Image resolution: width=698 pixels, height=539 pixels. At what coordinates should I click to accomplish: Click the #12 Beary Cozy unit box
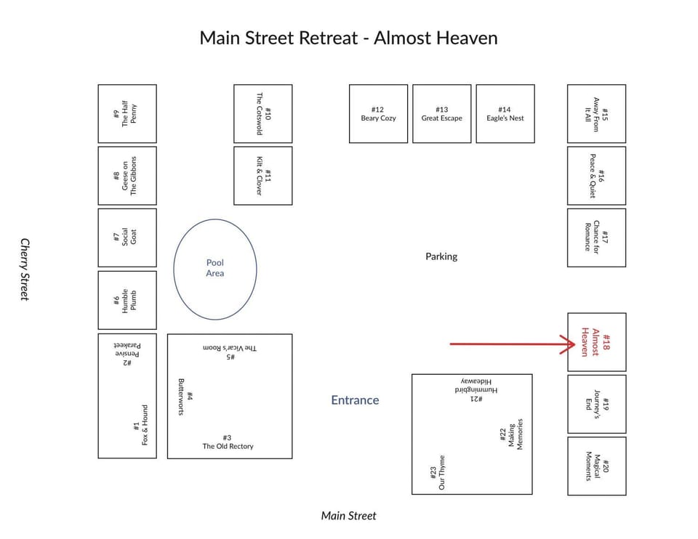(378, 114)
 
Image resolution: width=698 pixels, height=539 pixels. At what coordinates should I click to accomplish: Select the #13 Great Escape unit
(441, 114)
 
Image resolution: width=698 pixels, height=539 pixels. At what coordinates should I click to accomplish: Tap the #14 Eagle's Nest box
(505, 114)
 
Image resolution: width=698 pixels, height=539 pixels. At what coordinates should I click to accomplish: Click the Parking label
(441, 256)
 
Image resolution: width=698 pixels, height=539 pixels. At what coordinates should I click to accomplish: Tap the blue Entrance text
(355, 400)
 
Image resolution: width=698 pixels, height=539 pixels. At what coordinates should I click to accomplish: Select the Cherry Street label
(25, 269)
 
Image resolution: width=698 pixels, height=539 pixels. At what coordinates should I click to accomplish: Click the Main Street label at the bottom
(348, 516)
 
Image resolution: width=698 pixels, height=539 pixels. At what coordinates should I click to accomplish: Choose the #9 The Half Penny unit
(127, 114)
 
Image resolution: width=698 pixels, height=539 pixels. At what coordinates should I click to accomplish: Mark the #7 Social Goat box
(127, 238)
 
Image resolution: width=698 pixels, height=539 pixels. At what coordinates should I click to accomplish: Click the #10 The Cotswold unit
(263, 114)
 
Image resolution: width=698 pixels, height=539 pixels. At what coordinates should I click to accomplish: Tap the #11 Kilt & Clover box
(263, 176)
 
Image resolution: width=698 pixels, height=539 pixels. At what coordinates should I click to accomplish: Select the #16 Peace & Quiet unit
(596, 176)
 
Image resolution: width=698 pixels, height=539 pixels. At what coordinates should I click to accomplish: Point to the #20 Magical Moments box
(596, 466)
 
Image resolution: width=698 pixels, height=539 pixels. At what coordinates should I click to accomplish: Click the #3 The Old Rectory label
(228, 442)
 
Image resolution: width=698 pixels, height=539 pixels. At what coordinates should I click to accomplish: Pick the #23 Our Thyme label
(437, 472)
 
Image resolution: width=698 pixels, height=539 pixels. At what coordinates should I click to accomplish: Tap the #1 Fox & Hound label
(140, 425)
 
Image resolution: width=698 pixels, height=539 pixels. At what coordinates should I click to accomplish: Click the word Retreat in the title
(328, 38)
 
